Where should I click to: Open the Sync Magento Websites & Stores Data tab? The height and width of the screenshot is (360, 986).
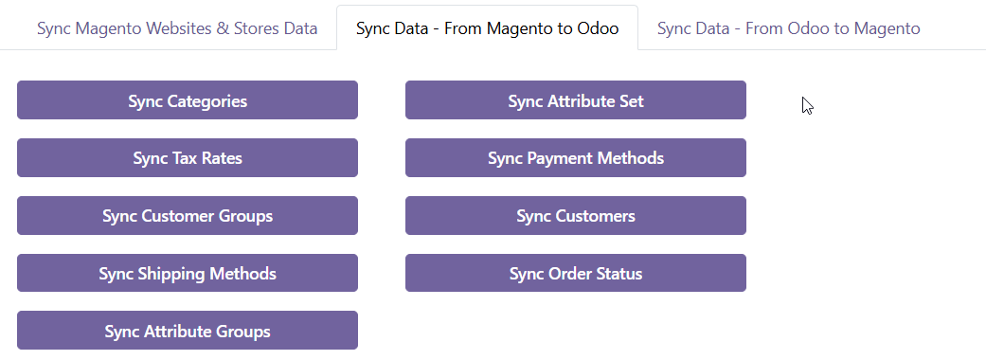[177, 28]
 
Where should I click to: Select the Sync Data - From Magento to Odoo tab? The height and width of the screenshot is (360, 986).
[487, 28]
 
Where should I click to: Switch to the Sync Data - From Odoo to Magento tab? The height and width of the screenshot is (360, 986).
[788, 28]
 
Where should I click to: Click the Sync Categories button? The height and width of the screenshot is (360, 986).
[188, 100]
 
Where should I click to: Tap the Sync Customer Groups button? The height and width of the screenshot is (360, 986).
[188, 216]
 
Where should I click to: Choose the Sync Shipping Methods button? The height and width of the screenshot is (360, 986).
[188, 274]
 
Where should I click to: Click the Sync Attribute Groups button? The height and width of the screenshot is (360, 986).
[188, 331]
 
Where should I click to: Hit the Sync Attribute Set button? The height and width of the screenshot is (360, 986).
[576, 100]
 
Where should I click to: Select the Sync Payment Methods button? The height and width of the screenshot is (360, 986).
[576, 158]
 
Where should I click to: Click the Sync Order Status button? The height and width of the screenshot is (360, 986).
[576, 274]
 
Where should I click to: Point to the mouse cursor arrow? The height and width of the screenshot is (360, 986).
[807, 105]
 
